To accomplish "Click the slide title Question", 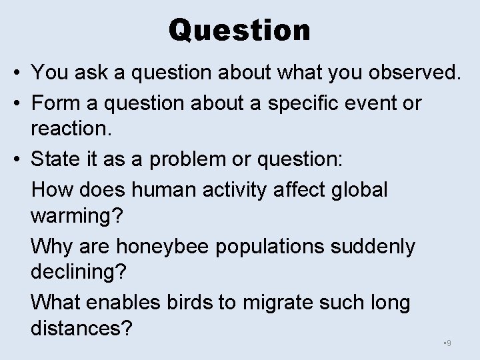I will coord(239,30).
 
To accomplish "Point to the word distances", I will coord(81,328).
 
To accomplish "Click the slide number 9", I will coord(449,343).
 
